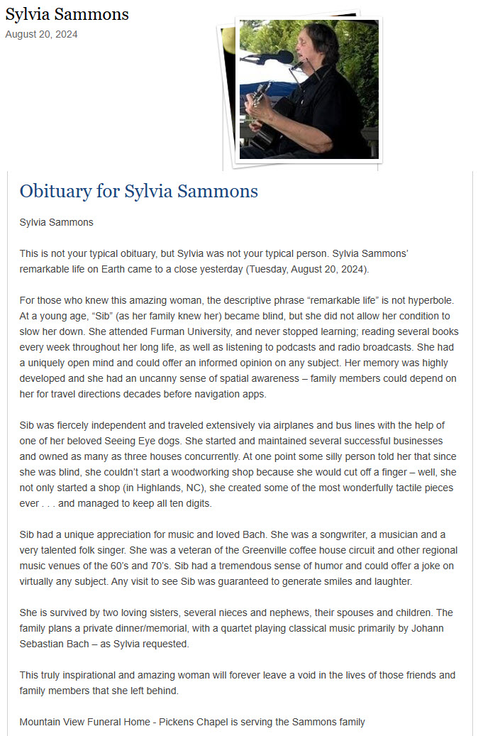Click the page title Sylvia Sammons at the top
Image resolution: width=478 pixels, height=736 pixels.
tap(67, 14)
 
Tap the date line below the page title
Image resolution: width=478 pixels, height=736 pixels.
tap(41, 34)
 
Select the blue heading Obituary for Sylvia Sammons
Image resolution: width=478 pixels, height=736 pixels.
tap(138, 191)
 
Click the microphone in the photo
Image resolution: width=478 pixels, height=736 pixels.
tap(276, 57)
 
